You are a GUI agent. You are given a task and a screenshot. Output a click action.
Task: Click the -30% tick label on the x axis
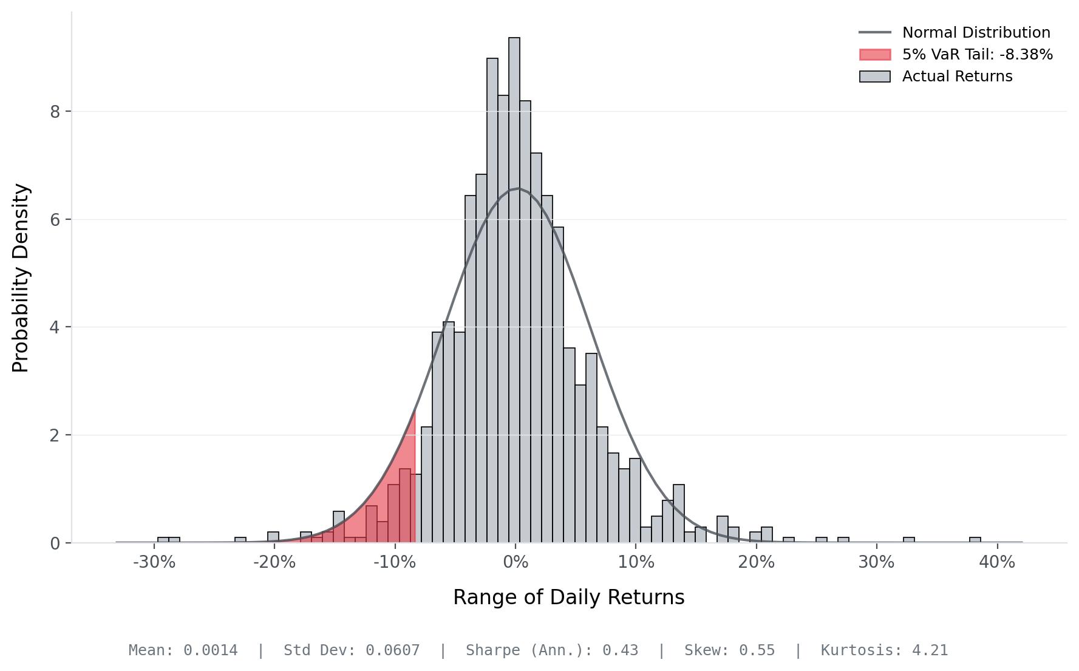coord(154,562)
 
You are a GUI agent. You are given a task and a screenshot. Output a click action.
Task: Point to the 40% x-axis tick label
coord(996,562)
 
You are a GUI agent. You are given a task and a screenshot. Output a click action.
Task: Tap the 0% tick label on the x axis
coord(516,562)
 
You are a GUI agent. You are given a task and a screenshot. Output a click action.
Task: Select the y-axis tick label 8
coord(55,112)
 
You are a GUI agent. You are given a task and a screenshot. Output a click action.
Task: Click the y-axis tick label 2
coord(55,435)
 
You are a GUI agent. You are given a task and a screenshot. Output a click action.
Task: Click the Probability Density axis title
coord(21,278)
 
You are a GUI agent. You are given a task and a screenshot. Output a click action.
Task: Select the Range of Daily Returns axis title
coord(568,598)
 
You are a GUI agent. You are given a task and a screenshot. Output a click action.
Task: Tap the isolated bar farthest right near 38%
coord(975,540)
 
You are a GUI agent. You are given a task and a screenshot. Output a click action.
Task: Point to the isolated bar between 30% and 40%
coord(908,540)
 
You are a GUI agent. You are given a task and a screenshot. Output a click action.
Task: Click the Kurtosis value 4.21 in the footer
coord(930,650)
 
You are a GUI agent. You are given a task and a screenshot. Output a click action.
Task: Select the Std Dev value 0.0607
coord(392,650)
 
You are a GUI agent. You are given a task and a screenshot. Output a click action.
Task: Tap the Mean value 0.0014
coord(210,650)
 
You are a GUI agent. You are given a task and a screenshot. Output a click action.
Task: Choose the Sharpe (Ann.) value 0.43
coord(620,650)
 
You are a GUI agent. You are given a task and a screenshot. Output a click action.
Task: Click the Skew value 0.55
coord(757,650)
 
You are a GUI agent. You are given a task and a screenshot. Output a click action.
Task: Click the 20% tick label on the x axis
coord(756,562)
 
